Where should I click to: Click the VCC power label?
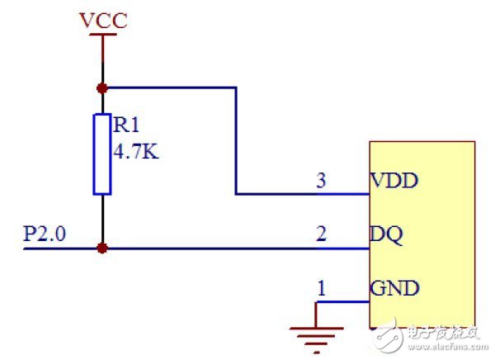(103, 20)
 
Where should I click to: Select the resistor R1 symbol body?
(102, 154)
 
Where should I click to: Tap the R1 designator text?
(126, 126)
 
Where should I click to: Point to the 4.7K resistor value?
(136, 152)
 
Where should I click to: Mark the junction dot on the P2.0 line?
(102, 248)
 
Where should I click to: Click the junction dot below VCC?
(102, 87)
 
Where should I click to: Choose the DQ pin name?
(387, 235)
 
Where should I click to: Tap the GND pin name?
(394, 288)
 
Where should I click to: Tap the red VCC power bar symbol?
(102, 37)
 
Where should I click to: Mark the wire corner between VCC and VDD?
(236, 87)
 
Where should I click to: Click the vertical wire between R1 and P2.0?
(102, 220)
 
